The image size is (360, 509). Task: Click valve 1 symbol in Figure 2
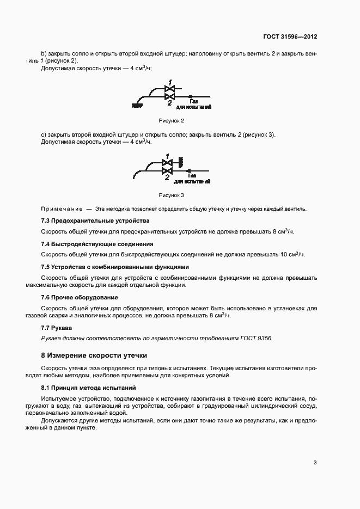tap(169, 88)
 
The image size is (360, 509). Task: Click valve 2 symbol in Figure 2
tap(169, 97)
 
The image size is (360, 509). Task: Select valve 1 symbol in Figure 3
tap(167, 162)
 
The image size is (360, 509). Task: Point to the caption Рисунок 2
tap(172, 120)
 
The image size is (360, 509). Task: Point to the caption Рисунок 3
tap(172, 194)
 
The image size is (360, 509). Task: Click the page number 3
tap(315, 463)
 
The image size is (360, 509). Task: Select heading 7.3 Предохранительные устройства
tap(95, 220)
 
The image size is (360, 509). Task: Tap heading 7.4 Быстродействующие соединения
tap(97, 244)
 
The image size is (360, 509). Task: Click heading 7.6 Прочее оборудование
tap(80, 297)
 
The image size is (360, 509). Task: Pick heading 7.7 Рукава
tap(57, 328)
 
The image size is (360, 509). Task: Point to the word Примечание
tap(61, 208)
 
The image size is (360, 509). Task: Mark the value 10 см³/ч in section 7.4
tap(291, 254)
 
